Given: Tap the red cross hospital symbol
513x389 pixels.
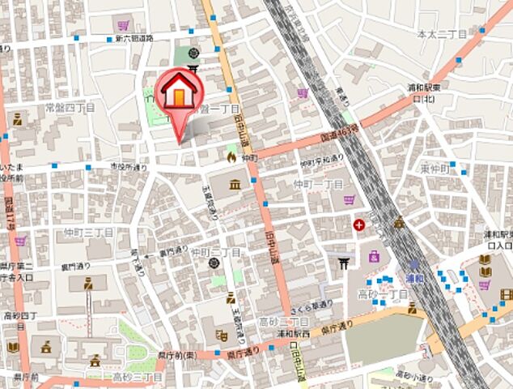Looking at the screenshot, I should click(358, 223).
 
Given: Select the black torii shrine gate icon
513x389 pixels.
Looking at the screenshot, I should click(341, 261).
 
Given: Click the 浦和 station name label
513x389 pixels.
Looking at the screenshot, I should click(415, 276).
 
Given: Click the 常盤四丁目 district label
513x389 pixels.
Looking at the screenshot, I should click(71, 106).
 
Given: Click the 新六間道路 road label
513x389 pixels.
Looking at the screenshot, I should click(134, 38).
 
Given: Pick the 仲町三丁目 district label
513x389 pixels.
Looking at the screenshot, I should click(89, 232).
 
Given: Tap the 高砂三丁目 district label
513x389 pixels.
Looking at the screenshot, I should click(138, 377).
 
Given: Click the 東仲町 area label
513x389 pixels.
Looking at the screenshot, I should click(435, 169).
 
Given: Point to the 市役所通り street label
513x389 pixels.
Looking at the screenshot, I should click(129, 168).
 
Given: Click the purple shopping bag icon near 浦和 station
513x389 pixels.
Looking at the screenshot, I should click(374, 258).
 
